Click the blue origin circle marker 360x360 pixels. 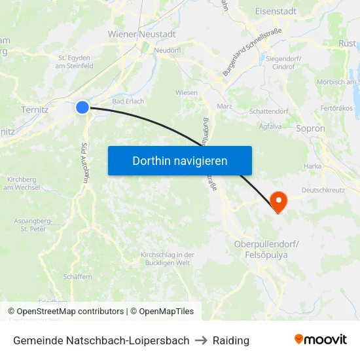pos(82,107)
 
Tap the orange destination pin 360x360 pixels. pos(278,200)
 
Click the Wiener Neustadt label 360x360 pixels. pos(142,34)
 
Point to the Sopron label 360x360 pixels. pos(310,129)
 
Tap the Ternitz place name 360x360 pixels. pos(35,109)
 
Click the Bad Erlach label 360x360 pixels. pos(128,101)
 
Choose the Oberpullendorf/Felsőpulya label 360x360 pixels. pos(266,249)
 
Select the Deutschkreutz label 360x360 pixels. pos(323,190)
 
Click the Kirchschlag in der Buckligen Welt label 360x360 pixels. pos(168,259)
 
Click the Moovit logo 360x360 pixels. pos(321,340)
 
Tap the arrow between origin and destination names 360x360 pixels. pos(201,340)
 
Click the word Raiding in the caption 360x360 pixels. pos(231,340)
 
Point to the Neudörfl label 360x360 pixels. pos(167,50)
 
